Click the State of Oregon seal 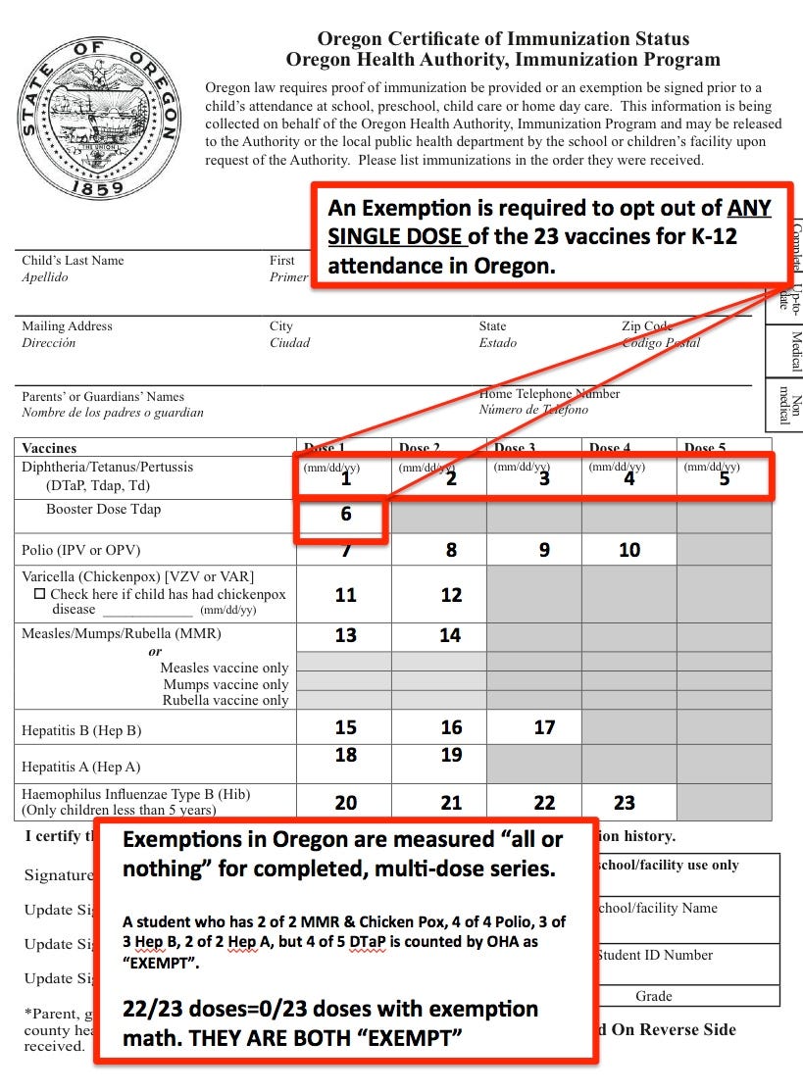coord(99,118)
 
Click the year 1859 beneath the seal coord(97,187)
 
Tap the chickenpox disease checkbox coord(39,594)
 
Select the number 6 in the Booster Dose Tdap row coord(345,513)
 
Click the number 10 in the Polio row coord(629,550)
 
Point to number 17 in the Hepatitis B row coord(544,727)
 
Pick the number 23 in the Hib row coord(625,803)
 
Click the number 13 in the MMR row coord(345,635)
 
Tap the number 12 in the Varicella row coord(450,595)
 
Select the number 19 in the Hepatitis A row coord(450,755)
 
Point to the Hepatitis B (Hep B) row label coord(81,730)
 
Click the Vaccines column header coord(49,447)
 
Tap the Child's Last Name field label coord(73,261)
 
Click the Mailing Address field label coord(67,326)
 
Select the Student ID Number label coord(653,955)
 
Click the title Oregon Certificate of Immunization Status coord(503,39)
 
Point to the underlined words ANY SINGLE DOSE coord(549,223)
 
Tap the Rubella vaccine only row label coord(226,700)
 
